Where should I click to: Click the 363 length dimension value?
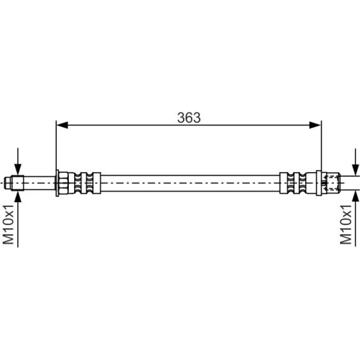coord(189,118)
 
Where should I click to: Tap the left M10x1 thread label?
coord(9,225)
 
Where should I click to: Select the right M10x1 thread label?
coord(346,225)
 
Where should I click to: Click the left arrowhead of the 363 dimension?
coord(62,125)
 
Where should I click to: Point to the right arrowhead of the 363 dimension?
coord(315,125)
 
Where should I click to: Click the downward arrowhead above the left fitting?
coord(18,169)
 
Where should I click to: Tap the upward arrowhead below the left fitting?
coord(18,196)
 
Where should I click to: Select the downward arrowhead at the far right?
coord(355,170)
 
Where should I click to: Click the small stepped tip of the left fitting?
coord(8,183)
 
